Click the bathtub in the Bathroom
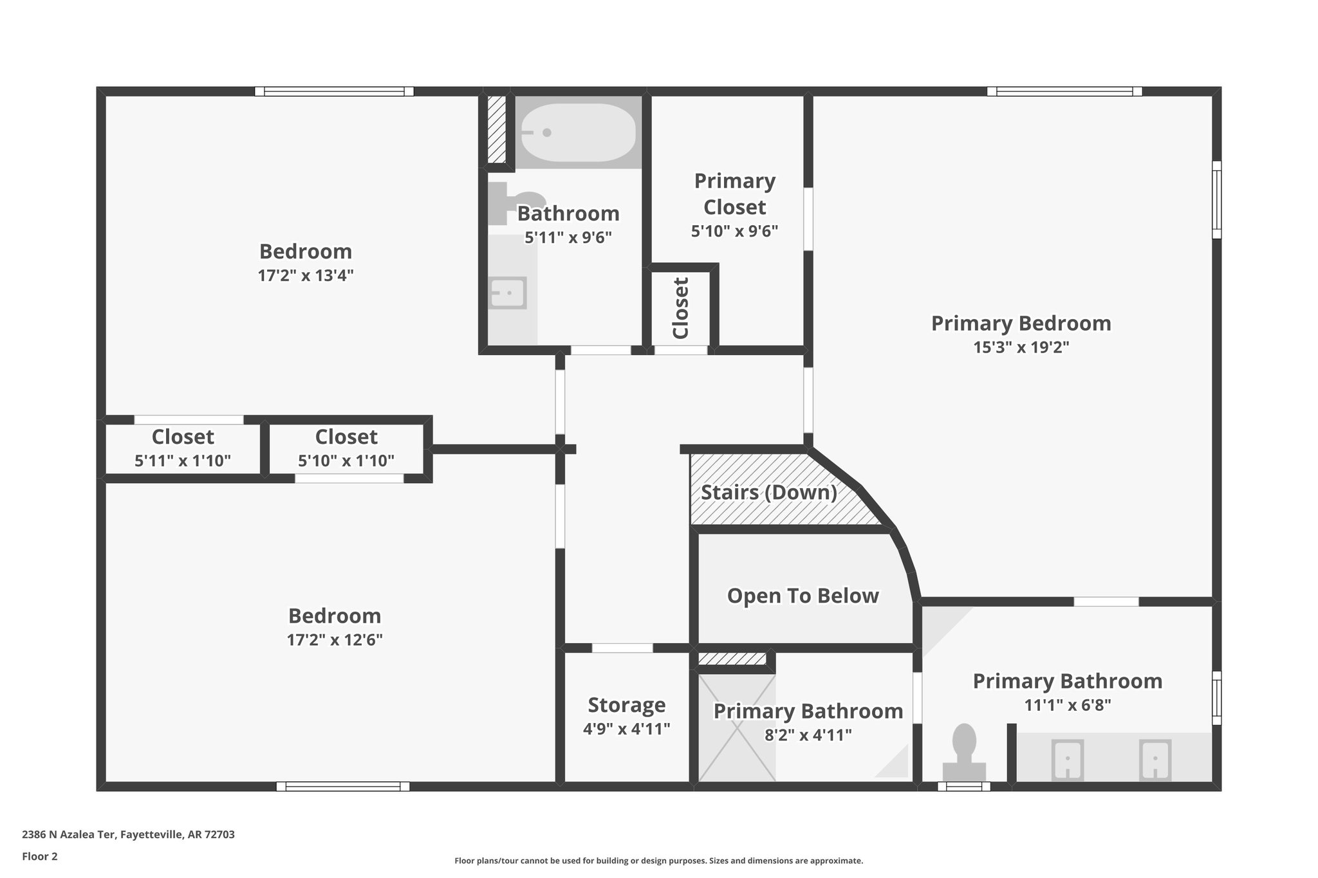click(x=577, y=133)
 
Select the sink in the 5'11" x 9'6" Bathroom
click(x=508, y=293)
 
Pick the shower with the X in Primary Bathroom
click(x=736, y=727)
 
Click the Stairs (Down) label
click(x=768, y=493)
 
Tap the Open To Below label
click(x=803, y=596)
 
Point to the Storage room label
click(x=626, y=705)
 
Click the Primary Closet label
click(x=734, y=194)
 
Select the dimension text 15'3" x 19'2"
click(x=1021, y=347)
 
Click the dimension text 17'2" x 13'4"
click(x=306, y=275)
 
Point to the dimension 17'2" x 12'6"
click(x=335, y=640)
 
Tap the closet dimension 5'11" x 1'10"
click(x=183, y=461)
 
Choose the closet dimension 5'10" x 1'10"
click(x=346, y=461)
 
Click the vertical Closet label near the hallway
click(x=681, y=308)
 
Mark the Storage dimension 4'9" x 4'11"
click(x=626, y=729)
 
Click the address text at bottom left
click(x=128, y=835)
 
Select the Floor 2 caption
click(x=40, y=856)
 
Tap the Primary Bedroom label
click(x=1021, y=323)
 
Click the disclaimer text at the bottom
click(x=658, y=861)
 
